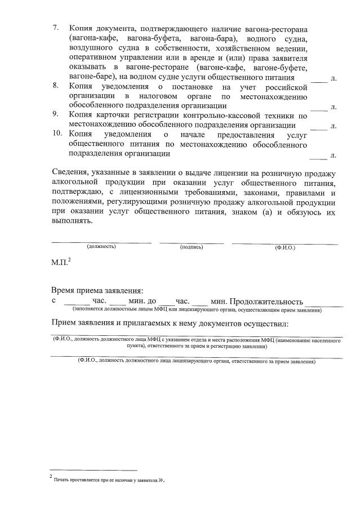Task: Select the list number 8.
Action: pyautogui.click(x=55, y=86)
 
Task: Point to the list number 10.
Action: pyautogui.click(x=56, y=134)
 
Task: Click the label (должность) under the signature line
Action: pyautogui.click(x=101, y=247)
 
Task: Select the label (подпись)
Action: pyautogui.click(x=192, y=247)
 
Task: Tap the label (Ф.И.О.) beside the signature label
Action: pyautogui.click(x=285, y=247)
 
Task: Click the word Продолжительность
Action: pyautogui.click(x=266, y=301)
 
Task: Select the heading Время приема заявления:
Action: pyautogui.click(x=97, y=291)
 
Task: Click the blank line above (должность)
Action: pyautogui.click(x=101, y=242)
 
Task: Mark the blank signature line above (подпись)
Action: pyautogui.click(x=192, y=242)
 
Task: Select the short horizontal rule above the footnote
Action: pyautogui.click(x=93, y=469)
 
